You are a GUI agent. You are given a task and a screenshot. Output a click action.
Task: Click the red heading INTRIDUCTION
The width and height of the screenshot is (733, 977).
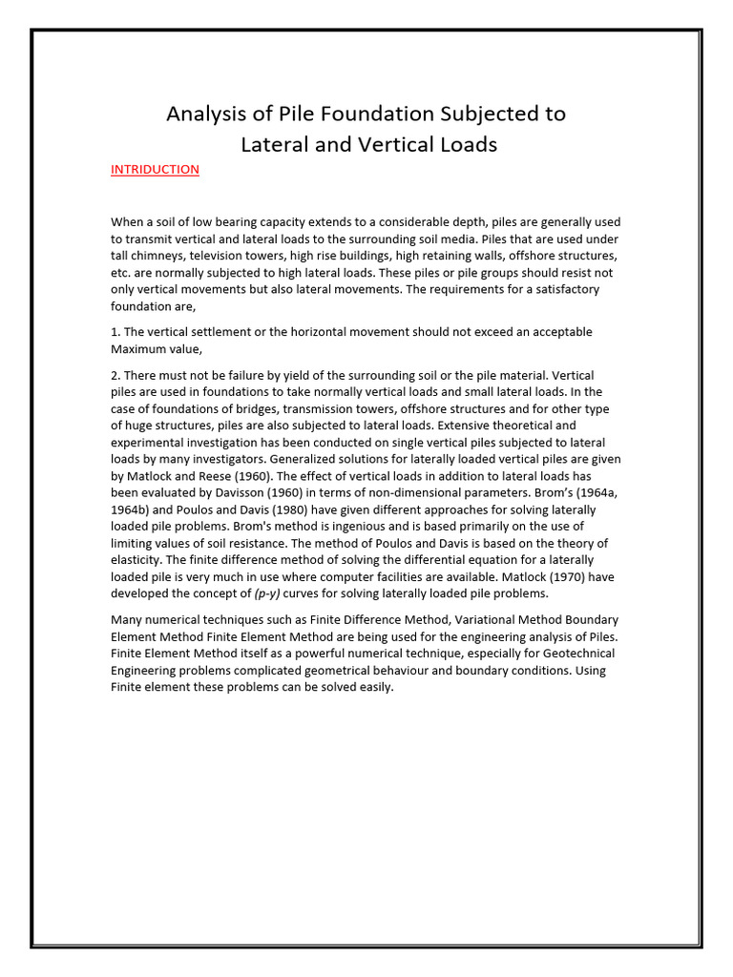pyautogui.click(x=155, y=170)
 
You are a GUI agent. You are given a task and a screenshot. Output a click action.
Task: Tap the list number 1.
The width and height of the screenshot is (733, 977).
pyautogui.click(x=115, y=332)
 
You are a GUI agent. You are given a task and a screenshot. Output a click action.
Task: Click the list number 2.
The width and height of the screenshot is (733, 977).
pyautogui.click(x=115, y=376)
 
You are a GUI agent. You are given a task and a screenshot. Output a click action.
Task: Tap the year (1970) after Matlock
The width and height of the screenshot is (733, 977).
pyautogui.click(x=559, y=576)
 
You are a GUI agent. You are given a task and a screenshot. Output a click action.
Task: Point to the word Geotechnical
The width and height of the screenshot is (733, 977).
pyautogui.click(x=567, y=654)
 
